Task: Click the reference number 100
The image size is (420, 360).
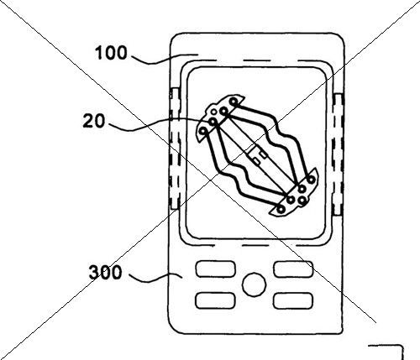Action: pos(111,53)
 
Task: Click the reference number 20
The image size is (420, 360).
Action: pos(94,121)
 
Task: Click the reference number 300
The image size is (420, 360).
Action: pos(105,272)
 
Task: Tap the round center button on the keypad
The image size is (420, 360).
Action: pos(254,284)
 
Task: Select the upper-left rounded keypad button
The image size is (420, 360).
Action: pos(215,269)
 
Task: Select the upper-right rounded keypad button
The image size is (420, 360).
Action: pos(293,269)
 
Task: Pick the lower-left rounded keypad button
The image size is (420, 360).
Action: pos(215,300)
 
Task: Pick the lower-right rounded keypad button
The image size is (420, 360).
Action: pos(293,300)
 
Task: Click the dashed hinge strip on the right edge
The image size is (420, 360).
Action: pos(338,154)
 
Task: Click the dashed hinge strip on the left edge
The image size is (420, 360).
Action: pos(175,149)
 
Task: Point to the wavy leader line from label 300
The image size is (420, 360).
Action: pos(155,277)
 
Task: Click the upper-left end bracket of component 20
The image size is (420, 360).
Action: pos(220,117)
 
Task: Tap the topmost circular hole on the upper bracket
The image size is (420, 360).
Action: pos(234,102)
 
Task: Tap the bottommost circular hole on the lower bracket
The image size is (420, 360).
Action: pos(281,209)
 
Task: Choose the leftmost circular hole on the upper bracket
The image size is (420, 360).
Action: pos(203,131)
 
